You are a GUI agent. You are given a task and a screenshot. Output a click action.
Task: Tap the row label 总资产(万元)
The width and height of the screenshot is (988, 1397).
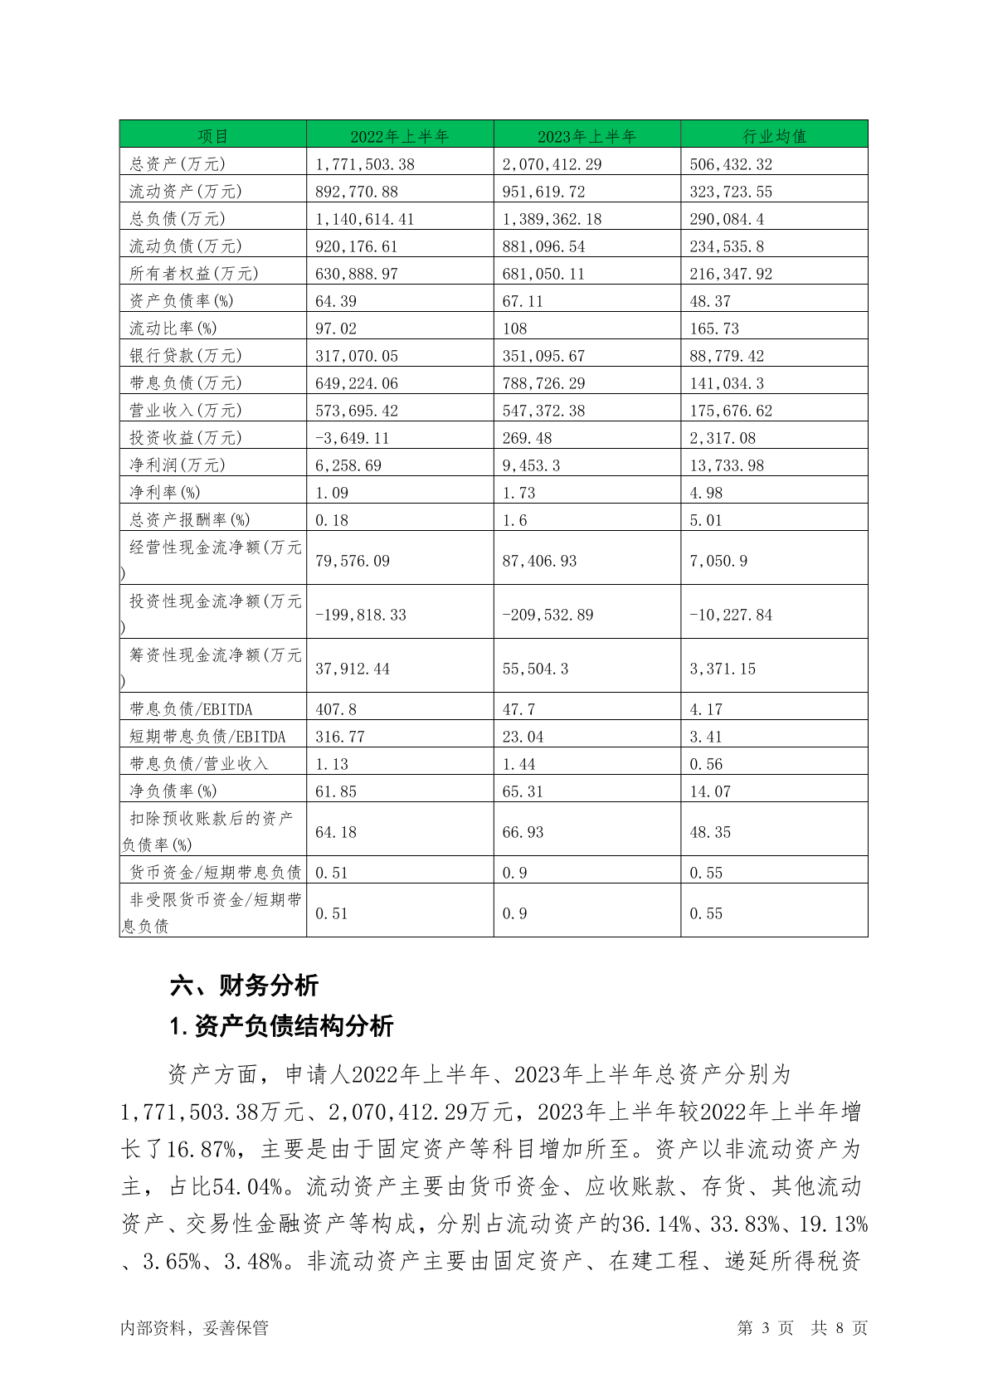[x=178, y=164]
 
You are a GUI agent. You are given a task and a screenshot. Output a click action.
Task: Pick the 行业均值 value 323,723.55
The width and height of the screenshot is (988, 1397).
[x=731, y=192]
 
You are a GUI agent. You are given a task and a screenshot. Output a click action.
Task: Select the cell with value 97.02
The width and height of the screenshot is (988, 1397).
[x=336, y=329]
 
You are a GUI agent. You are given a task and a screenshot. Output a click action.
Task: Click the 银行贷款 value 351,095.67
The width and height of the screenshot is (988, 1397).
[x=543, y=356]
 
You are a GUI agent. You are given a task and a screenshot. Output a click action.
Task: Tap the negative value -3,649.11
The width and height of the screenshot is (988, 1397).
[x=353, y=438]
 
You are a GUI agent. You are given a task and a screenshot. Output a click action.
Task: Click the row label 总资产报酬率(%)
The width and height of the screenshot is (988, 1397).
[x=190, y=520]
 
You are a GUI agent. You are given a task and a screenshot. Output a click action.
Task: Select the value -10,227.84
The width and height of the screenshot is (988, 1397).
[x=731, y=615]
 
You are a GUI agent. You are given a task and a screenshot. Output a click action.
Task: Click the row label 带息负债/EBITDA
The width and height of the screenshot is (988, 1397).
[x=191, y=709]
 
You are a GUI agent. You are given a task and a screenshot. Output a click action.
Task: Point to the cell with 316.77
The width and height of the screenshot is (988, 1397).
[x=340, y=737]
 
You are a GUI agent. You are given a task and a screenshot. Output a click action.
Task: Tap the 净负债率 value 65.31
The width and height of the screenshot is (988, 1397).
[x=523, y=791]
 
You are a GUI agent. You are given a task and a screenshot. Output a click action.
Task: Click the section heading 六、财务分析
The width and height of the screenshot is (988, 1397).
[x=244, y=986]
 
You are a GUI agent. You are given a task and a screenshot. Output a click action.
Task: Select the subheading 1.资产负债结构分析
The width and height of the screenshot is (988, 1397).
[x=281, y=1026]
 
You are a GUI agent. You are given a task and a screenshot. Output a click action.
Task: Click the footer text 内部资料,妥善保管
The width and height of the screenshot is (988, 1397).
[x=194, y=1328]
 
